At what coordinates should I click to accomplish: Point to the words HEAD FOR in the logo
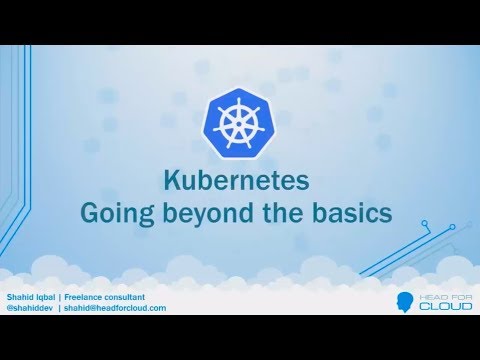coord(440,293)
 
